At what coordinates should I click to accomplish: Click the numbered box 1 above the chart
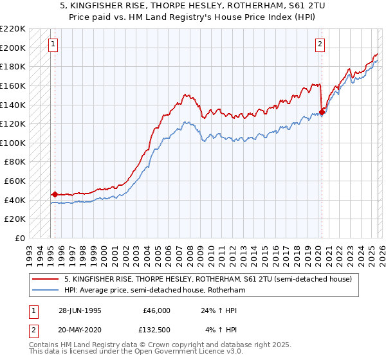point(52,44)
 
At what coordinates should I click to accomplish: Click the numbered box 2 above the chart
point(320,44)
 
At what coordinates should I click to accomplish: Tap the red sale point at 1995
point(55,194)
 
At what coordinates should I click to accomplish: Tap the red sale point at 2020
point(322,112)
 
